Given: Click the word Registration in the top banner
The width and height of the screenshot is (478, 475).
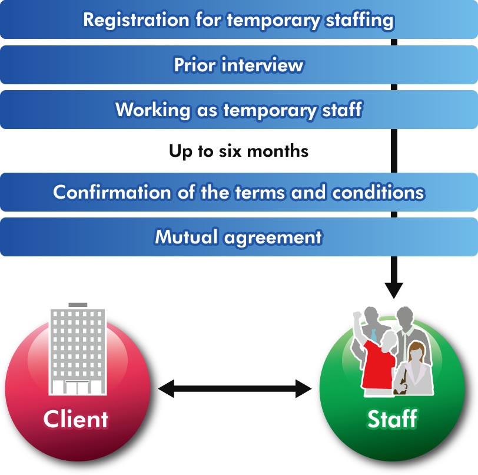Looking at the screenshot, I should pyautogui.click(x=135, y=20).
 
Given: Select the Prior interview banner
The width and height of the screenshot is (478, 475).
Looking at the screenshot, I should pyautogui.click(x=238, y=65).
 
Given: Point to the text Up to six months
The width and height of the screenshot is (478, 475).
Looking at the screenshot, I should pyautogui.click(x=238, y=151).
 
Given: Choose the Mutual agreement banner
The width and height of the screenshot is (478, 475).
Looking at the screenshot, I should pyautogui.click(x=238, y=237).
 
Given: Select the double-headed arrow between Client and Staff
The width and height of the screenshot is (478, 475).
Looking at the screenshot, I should pyautogui.click(x=234, y=388).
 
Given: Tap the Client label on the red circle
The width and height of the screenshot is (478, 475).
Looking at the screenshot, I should pyautogui.click(x=75, y=420).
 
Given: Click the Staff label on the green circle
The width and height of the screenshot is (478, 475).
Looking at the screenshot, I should pyautogui.click(x=392, y=420).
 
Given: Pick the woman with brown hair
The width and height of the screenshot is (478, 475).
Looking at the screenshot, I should pyautogui.click(x=414, y=368).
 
